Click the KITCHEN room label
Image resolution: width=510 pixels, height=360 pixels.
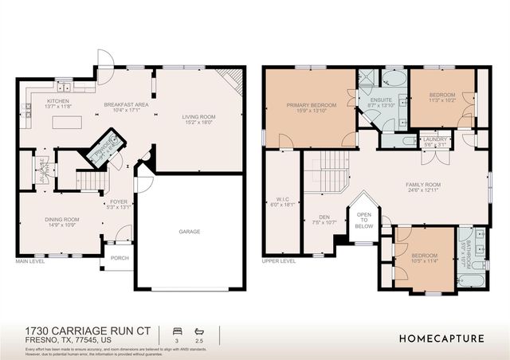(x=58, y=101)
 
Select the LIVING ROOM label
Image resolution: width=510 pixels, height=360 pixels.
(x=200, y=117)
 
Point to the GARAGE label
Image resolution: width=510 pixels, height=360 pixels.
(x=189, y=232)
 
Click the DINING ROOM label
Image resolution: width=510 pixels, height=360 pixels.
(x=61, y=219)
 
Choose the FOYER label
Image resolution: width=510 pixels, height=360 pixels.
(x=120, y=202)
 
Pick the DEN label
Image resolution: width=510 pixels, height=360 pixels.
(x=324, y=217)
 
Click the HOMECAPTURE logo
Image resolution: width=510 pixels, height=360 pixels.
(x=441, y=338)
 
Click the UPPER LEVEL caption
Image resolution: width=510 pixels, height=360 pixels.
(x=279, y=260)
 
